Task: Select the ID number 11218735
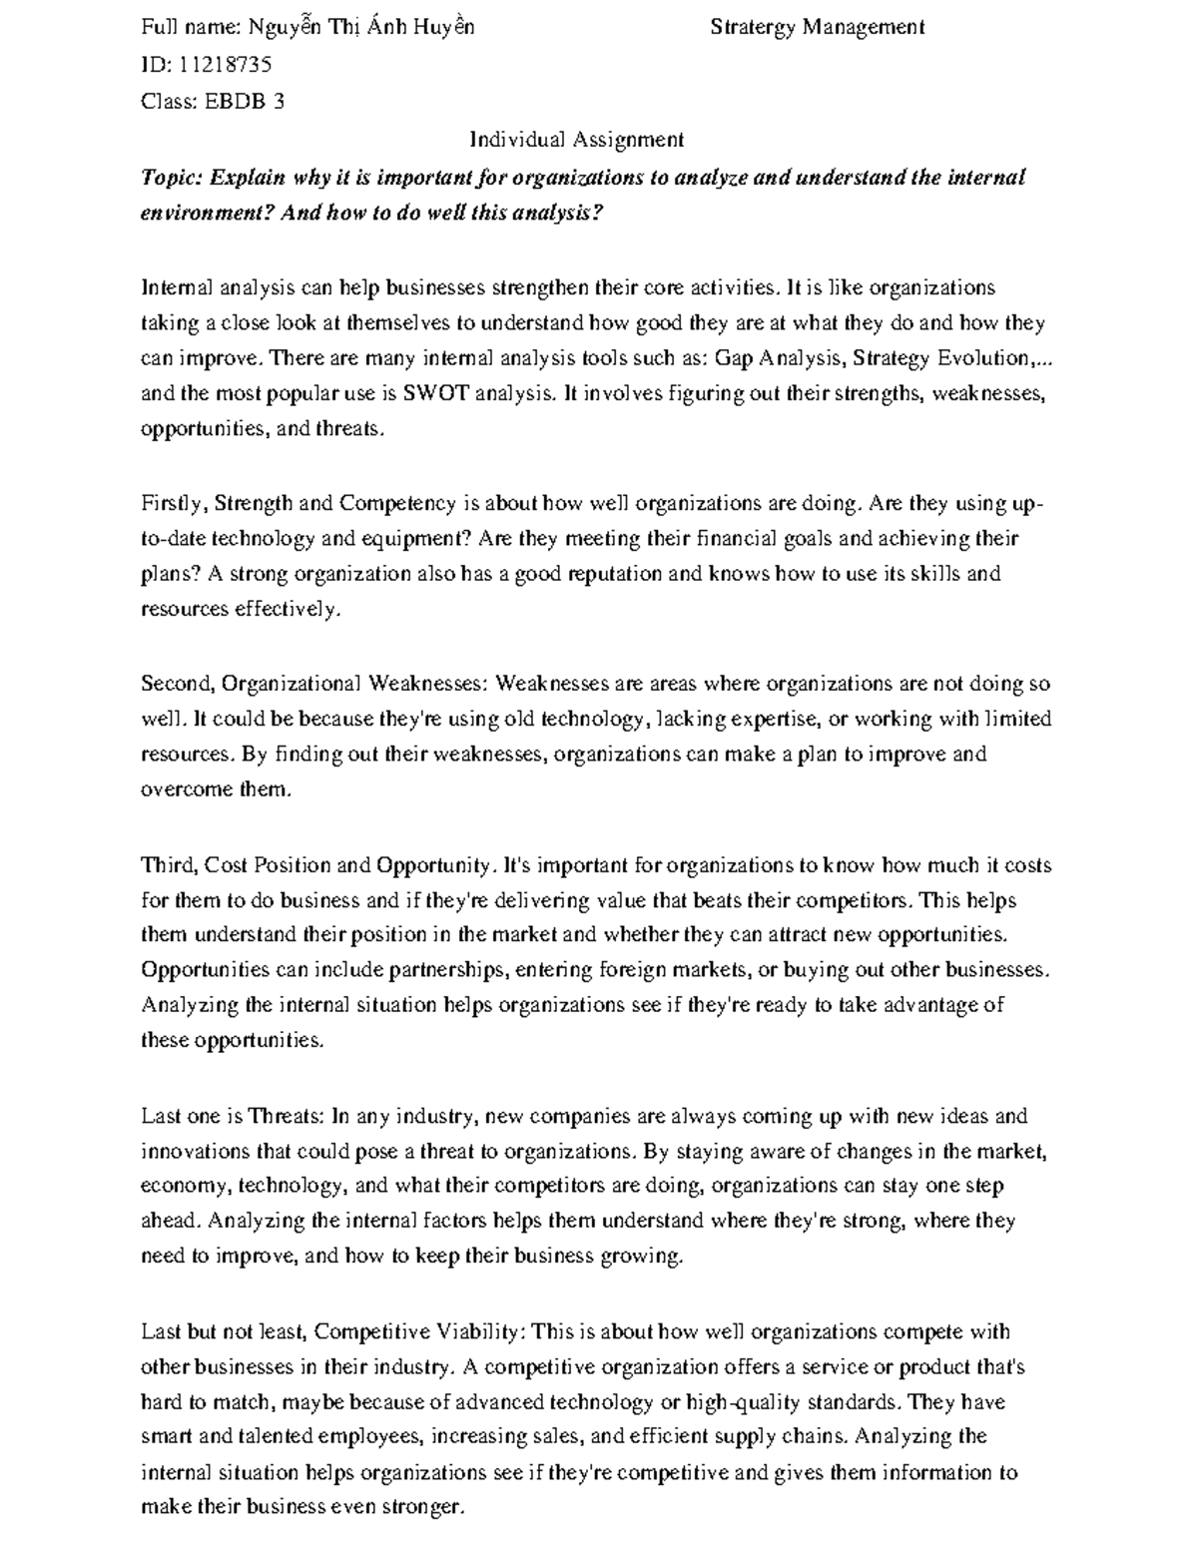(x=225, y=65)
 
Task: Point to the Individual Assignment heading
(x=577, y=140)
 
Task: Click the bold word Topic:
(x=173, y=178)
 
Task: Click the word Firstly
(x=174, y=503)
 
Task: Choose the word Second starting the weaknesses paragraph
(x=178, y=684)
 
